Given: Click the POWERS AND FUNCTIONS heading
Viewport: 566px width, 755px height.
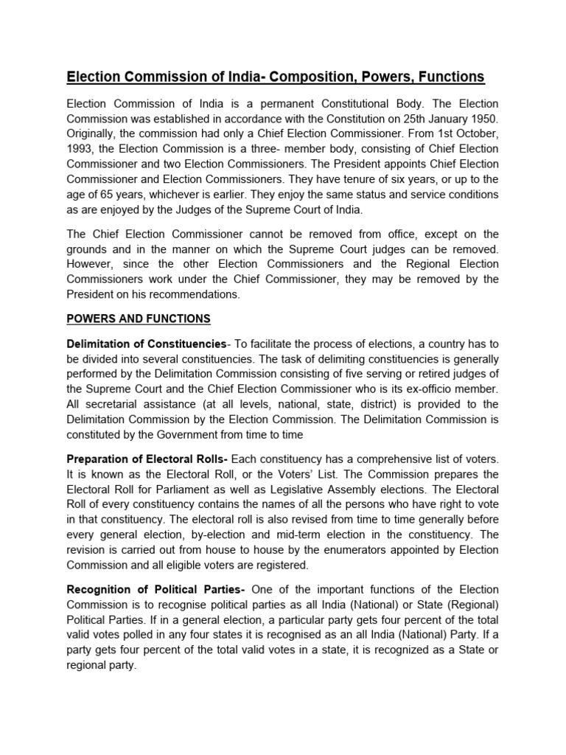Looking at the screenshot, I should click(139, 319).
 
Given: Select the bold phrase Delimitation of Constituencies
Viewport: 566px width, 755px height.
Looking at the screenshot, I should click(146, 344).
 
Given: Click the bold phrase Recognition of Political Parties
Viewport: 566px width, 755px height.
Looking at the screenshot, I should click(157, 590).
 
